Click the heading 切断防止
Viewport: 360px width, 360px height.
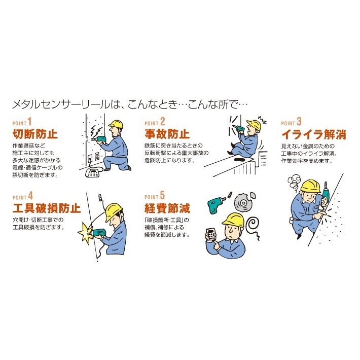pos(35,134)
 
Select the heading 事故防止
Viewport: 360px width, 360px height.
pos(167,134)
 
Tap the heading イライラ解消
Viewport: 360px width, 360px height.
pos(314,134)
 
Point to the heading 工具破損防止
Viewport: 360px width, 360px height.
pos(47,208)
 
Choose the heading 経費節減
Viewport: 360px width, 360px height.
pos(167,208)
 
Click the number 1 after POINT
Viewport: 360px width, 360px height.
pos(29,122)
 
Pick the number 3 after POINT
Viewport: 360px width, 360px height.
pos(299,122)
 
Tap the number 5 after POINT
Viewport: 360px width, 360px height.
pos(162,195)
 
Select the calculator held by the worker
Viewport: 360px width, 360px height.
pos(211,234)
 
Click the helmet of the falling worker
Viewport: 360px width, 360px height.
pos(255,125)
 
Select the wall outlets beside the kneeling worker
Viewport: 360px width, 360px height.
pos(93,157)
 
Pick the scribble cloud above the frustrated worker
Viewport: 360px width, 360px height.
pos(294,184)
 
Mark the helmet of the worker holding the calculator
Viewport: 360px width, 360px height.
pos(233,220)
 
